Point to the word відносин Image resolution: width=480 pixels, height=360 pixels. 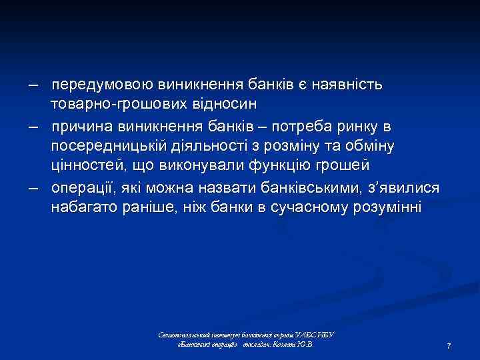(x=225, y=104)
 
